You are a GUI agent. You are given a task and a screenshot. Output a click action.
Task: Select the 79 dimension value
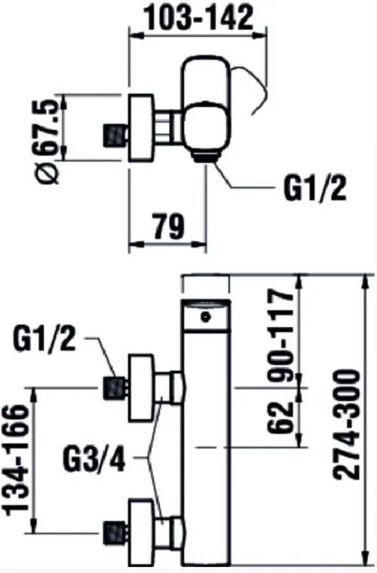click(168, 227)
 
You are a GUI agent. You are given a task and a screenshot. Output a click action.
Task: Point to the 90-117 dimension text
click(281, 336)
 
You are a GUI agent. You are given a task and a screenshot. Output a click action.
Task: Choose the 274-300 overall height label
click(346, 424)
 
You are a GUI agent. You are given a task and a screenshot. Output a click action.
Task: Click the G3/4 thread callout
click(94, 458)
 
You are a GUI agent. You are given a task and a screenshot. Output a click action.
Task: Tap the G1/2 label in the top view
click(315, 188)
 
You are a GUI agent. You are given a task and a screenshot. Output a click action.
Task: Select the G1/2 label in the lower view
click(44, 339)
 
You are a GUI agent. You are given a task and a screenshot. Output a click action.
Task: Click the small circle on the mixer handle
click(207, 317)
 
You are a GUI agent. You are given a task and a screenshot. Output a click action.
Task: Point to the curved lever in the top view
click(252, 90)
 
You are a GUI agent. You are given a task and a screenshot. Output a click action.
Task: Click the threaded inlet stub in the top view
click(116, 135)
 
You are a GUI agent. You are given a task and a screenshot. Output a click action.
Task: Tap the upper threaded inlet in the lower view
click(116, 388)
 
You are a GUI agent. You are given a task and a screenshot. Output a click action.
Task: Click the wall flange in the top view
click(141, 127)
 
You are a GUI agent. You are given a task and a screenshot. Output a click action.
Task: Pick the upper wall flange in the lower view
click(141, 388)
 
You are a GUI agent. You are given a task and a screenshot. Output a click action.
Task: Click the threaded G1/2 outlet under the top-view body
click(205, 158)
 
